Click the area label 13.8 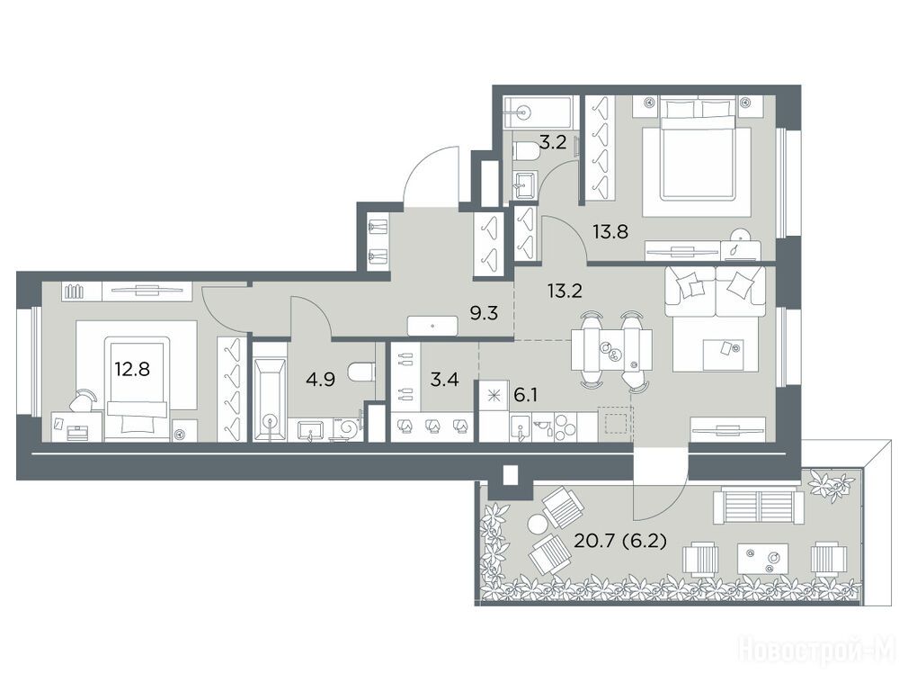610,232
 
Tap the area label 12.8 131,368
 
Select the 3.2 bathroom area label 552,142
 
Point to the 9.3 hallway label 484,314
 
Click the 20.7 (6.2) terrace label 620,542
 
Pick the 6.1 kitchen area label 527,395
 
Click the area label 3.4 445,381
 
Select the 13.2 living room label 565,291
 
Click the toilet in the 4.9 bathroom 363,372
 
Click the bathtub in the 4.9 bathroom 270,392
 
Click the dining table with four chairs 611,350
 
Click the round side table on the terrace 537,524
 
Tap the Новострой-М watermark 819,651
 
